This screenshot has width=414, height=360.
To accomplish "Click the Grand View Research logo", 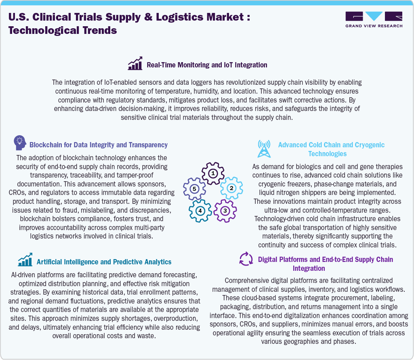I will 374,19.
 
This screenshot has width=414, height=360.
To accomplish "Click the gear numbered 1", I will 213,174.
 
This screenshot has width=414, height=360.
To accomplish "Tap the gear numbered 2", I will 231,188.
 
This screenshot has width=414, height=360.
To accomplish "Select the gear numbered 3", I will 225,210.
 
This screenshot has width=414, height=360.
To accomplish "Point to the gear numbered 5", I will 194,188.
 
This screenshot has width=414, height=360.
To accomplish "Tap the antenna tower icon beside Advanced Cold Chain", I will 264,149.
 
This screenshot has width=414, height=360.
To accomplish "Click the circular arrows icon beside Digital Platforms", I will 246,259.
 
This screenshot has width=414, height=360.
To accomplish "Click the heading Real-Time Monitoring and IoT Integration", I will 207,65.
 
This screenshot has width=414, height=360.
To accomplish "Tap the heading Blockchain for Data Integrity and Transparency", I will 99,144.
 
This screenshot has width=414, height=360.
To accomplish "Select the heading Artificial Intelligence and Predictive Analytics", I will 104,262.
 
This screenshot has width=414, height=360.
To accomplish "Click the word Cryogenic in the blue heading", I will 367,144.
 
